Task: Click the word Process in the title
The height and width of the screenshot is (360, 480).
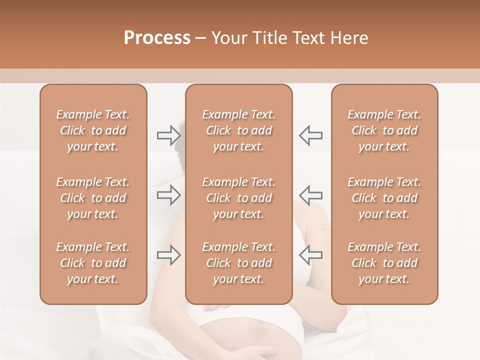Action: click(x=157, y=38)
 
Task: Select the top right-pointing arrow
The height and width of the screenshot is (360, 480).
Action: click(x=168, y=134)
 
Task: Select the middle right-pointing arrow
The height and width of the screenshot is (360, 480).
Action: click(x=168, y=195)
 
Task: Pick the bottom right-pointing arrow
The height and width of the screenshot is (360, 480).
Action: click(x=168, y=255)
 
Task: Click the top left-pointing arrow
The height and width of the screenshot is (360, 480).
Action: click(x=311, y=134)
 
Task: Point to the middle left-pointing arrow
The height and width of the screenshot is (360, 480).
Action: click(x=311, y=195)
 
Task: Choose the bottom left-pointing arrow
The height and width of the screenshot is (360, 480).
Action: click(x=311, y=255)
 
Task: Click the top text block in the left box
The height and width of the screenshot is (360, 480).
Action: click(x=93, y=130)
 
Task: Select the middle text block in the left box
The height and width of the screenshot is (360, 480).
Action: click(x=93, y=198)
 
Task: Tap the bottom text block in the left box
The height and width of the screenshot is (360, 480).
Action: click(x=93, y=263)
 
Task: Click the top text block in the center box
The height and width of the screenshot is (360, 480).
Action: click(x=238, y=130)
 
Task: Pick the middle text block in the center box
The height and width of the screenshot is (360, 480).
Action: click(x=238, y=198)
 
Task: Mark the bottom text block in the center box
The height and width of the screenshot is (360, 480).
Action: click(x=238, y=263)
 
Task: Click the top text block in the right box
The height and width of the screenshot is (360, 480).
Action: click(x=384, y=130)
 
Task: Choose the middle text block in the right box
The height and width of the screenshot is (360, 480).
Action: click(x=384, y=198)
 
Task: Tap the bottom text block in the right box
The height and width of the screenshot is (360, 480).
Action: click(x=384, y=263)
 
